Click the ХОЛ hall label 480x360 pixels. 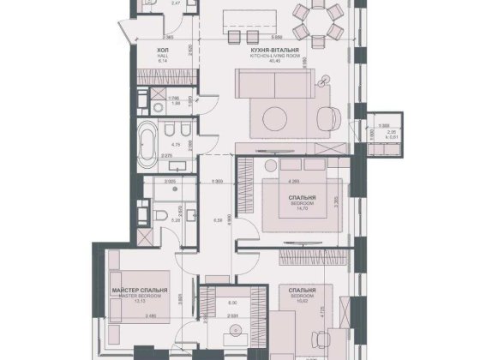click(x=163, y=51)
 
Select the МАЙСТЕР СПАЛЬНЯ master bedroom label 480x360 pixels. click(x=139, y=291)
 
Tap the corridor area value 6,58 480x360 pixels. click(x=217, y=219)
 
